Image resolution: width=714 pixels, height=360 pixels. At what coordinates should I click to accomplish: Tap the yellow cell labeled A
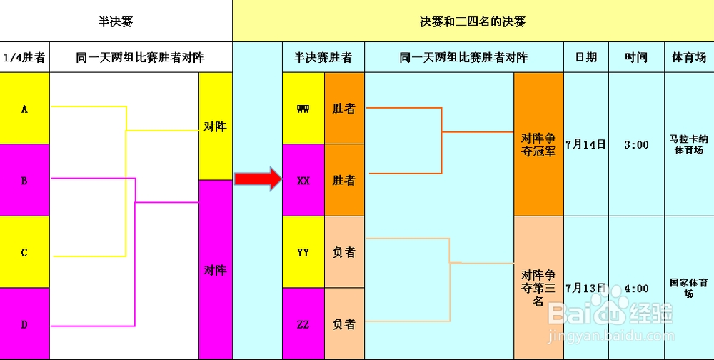click(x=24, y=109)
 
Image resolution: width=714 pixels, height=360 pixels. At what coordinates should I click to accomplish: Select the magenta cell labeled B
click(x=24, y=181)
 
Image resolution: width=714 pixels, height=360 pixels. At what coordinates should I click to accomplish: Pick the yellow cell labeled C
click(x=24, y=252)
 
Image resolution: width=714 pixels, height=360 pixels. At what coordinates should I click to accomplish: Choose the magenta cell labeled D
click(x=24, y=324)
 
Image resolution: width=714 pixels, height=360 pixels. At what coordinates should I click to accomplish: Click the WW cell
click(x=303, y=109)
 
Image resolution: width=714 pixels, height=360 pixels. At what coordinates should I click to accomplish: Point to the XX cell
click(x=303, y=181)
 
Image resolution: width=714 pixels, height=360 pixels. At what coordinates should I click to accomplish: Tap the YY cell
click(x=303, y=252)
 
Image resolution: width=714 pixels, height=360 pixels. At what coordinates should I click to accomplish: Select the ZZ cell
click(x=303, y=324)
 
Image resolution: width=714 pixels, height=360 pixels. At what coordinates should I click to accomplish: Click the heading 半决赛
click(x=116, y=21)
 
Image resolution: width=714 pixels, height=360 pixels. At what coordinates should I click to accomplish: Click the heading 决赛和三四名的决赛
click(x=473, y=21)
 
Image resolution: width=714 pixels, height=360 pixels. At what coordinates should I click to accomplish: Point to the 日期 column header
click(x=586, y=57)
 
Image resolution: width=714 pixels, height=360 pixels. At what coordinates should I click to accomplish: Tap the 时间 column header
click(x=636, y=57)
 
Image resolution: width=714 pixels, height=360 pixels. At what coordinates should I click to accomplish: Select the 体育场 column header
click(x=689, y=57)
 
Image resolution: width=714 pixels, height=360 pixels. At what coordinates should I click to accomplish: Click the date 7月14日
click(x=585, y=144)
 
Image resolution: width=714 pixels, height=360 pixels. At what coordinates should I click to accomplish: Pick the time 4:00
click(x=636, y=289)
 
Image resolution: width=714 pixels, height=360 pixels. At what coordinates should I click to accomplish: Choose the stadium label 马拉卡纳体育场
click(x=688, y=144)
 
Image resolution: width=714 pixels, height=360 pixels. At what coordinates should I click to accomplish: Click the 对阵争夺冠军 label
click(x=538, y=144)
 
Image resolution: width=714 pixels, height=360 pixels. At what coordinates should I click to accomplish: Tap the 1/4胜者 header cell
click(x=24, y=57)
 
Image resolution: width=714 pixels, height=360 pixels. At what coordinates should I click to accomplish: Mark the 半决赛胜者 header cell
click(x=323, y=57)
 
